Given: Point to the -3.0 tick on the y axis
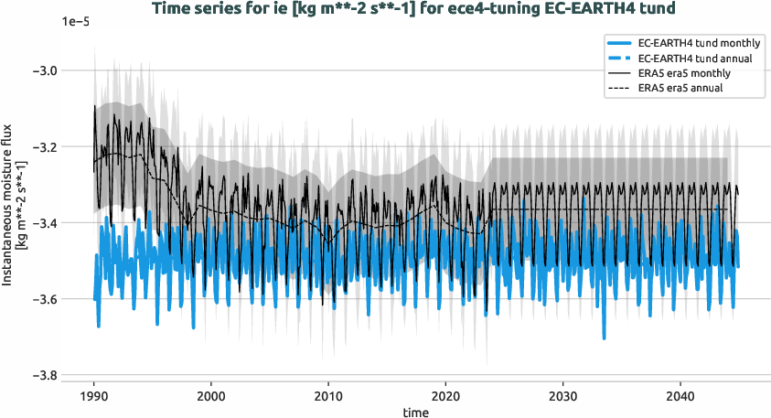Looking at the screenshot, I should [43, 70].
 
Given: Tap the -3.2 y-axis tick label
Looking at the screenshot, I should [43, 146].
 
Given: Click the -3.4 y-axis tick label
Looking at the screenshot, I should [43, 223].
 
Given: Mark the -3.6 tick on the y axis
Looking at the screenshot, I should [43, 299].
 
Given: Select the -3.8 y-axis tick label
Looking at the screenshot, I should [43, 375].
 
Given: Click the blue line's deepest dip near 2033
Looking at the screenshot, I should [604, 337].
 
